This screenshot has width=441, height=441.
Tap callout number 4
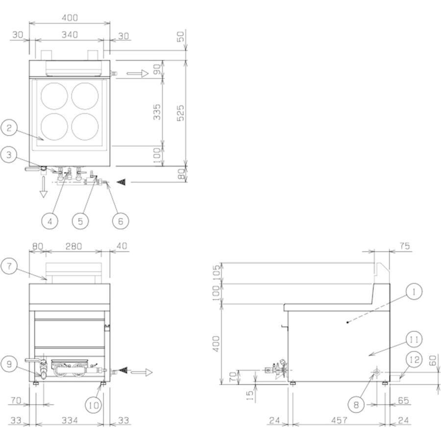point(49,220)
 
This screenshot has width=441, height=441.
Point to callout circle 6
point(120,220)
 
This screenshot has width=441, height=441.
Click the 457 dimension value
point(339,420)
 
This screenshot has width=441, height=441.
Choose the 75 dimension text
point(403,246)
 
